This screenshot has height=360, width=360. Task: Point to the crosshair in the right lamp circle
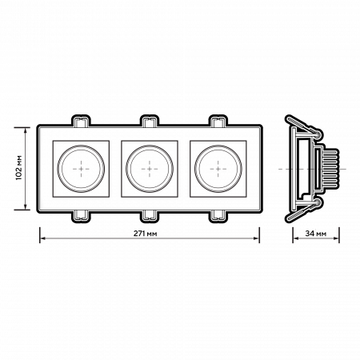217,170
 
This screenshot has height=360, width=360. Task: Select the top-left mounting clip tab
81,121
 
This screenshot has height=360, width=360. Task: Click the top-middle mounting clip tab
150,121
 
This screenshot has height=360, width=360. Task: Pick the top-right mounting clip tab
218,121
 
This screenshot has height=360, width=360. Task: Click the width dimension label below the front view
150,234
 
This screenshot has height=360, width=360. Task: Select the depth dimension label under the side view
316,232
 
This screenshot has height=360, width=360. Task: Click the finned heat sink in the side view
331,170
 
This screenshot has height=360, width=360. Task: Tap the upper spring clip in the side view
302,128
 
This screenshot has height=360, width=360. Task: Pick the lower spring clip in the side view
302,211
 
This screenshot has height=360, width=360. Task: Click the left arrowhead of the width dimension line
42,238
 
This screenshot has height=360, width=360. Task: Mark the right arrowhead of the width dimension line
257,238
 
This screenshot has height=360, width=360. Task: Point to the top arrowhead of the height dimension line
26,130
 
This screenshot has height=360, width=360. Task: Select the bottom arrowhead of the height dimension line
26,209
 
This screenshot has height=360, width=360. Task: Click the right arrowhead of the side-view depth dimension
337,238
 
